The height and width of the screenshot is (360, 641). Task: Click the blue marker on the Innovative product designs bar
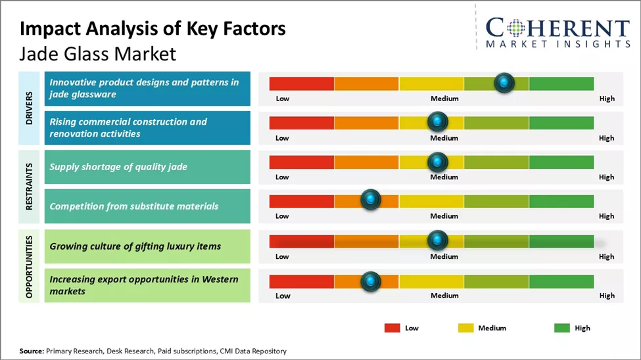[x=504, y=83]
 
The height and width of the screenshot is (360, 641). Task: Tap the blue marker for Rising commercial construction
[x=437, y=122]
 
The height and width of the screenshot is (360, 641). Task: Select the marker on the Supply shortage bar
[x=437, y=161]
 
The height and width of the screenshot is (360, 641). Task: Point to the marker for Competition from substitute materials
[x=371, y=200]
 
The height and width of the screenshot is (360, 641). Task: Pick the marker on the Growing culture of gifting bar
[x=437, y=240]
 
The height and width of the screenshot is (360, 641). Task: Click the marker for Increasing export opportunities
[x=371, y=281]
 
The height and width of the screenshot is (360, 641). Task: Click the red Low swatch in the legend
[x=392, y=328]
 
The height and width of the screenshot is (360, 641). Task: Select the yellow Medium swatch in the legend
[x=465, y=328]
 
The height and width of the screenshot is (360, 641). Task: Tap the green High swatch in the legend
[x=562, y=328]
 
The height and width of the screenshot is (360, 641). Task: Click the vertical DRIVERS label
[x=30, y=108]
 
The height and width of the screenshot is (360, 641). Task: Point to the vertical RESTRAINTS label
[x=30, y=187]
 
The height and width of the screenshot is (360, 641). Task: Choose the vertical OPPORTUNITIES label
[x=30, y=265]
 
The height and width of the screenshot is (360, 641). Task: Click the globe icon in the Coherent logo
[x=517, y=28]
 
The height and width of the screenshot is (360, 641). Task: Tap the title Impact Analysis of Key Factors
[x=153, y=28]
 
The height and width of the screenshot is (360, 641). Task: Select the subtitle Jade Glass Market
[x=98, y=53]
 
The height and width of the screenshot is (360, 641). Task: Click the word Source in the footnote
[x=32, y=351]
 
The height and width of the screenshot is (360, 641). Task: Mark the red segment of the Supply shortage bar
[x=302, y=161]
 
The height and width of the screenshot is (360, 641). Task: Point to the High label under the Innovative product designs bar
[x=607, y=99]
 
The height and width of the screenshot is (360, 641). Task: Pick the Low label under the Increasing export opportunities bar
[x=282, y=296]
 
